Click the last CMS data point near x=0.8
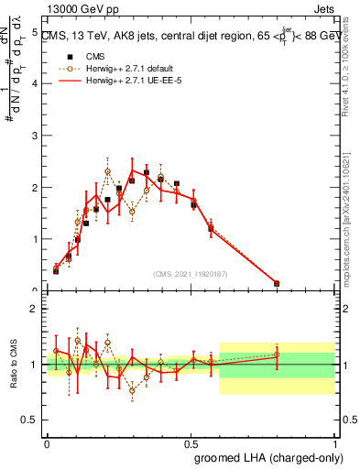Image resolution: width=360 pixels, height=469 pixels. [277, 284]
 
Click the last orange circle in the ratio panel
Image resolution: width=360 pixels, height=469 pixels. [277, 354]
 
